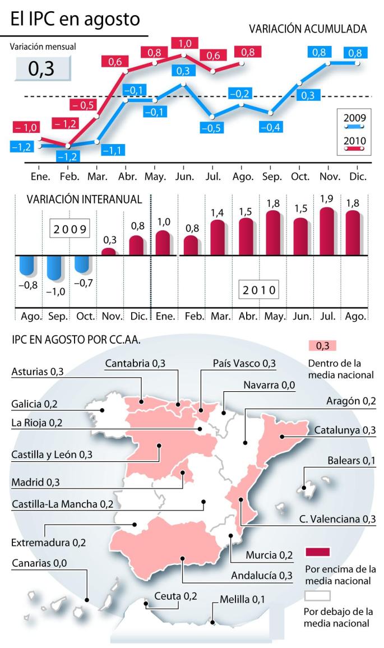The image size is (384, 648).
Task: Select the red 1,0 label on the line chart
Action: pyautogui.click(x=184, y=44)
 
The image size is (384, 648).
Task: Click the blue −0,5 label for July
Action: pyautogui.click(x=212, y=128)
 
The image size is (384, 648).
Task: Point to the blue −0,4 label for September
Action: pyautogui.click(x=271, y=127)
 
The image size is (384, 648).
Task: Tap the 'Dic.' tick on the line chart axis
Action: pyautogui.click(x=358, y=176)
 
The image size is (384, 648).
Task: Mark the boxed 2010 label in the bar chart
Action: pyautogui.click(x=260, y=290)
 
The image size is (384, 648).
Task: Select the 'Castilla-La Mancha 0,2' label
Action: pyautogui.click(x=63, y=503)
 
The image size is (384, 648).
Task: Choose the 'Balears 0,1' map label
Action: pyautogui.click(x=351, y=461)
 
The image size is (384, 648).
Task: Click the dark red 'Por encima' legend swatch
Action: pyautogui.click(x=317, y=551)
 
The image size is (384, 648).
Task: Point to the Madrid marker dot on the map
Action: pyautogui.click(x=184, y=473)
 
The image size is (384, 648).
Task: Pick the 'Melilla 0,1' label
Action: pyautogui.click(x=242, y=599)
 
